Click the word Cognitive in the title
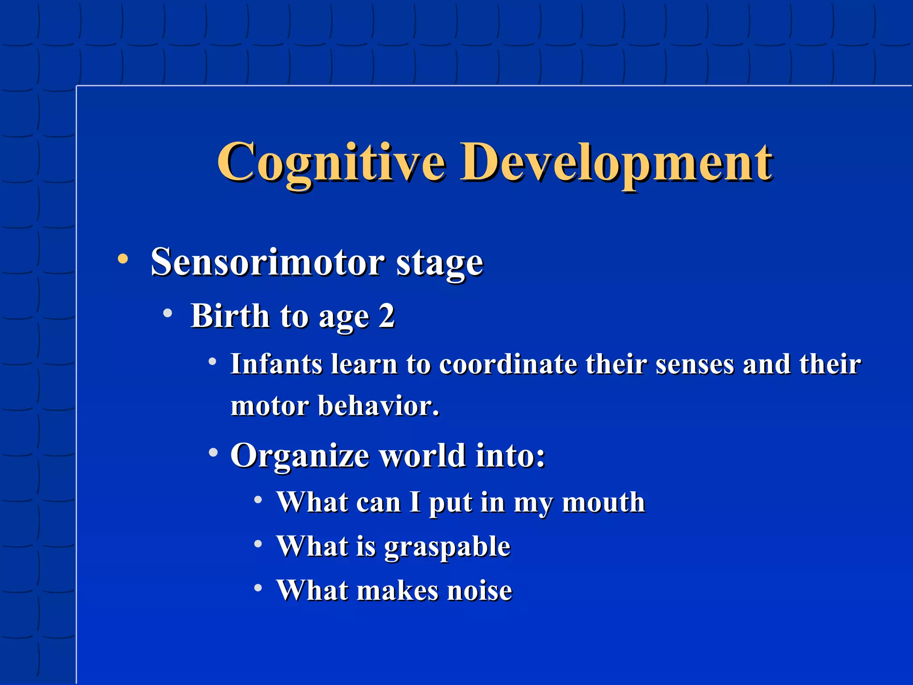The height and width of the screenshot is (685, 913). [331, 163]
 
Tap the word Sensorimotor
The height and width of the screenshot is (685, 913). [267, 262]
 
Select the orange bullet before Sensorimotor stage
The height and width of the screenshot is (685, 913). [123, 259]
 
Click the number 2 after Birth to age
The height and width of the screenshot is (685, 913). [387, 316]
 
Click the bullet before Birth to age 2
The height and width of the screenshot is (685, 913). [168, 314]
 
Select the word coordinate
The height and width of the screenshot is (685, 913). [508, 364]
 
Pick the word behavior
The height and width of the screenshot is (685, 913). [378, 406]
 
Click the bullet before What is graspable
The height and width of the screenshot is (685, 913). [258, 544]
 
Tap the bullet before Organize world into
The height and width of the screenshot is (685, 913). [213, 453]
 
